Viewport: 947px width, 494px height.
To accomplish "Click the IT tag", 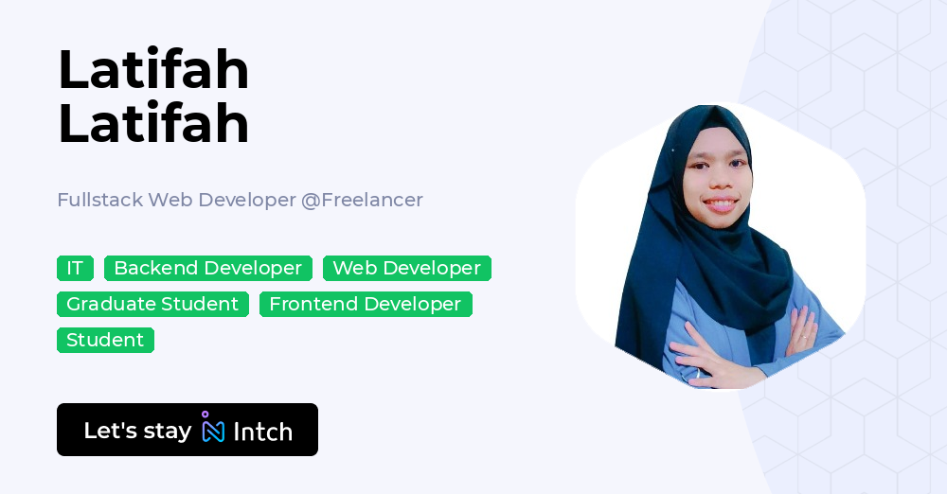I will [x=75, y=269].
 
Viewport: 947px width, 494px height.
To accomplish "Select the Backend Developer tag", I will [x=207, y=269].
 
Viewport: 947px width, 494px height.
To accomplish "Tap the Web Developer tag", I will [x=406, y=269].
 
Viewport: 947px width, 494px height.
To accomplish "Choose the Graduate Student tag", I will [x=152, y=305].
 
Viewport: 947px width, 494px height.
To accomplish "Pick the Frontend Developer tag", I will [x=365, y=305].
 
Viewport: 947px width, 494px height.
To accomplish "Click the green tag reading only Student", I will [x=105, y=341].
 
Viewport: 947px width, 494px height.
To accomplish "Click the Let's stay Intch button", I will [x=187, y=430].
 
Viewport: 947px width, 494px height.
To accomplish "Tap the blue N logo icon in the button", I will [x=214, y=432].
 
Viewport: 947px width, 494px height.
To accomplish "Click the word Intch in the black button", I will [x=262, y=432].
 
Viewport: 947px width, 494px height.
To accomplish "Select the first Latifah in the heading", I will [x=153, y=70].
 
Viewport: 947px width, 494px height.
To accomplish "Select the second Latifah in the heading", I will [x=153, y=124].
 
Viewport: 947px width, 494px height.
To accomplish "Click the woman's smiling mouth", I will [x=720, y=203].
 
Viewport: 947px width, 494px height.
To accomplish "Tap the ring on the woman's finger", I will [x=803, y=338].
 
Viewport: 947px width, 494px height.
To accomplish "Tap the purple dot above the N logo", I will [x=205, y=415].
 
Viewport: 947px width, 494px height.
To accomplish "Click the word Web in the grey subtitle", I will [x=170, y=200].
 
